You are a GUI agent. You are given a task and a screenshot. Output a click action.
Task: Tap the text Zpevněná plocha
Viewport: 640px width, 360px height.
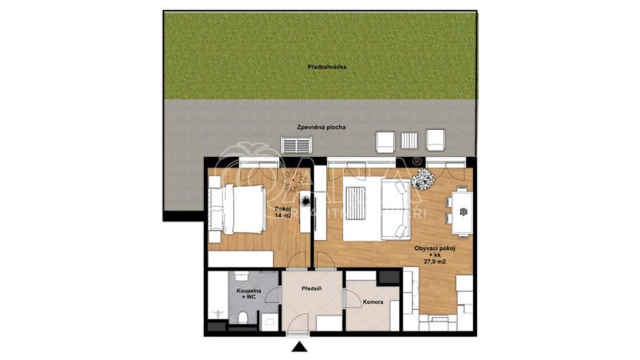tap(320, 126)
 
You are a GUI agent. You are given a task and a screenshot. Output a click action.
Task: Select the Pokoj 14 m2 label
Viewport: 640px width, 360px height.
tap(283, 212)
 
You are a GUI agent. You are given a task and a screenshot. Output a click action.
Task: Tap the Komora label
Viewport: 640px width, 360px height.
tap(373, 302)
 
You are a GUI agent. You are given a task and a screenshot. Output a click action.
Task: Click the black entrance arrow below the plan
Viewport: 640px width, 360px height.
tap(298, 349)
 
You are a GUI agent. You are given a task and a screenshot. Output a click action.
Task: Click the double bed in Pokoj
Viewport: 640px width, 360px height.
tap(238, 208)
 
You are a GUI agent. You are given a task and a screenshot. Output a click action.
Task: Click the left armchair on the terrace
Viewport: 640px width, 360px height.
tap(385, 141)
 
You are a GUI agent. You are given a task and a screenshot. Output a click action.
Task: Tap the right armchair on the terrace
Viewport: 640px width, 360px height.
tap(435, 140)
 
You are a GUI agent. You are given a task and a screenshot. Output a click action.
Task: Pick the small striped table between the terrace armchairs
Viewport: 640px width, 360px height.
tap(410, 140)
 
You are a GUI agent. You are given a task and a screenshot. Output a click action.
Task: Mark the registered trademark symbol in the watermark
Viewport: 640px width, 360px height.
tap(417, 162)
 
